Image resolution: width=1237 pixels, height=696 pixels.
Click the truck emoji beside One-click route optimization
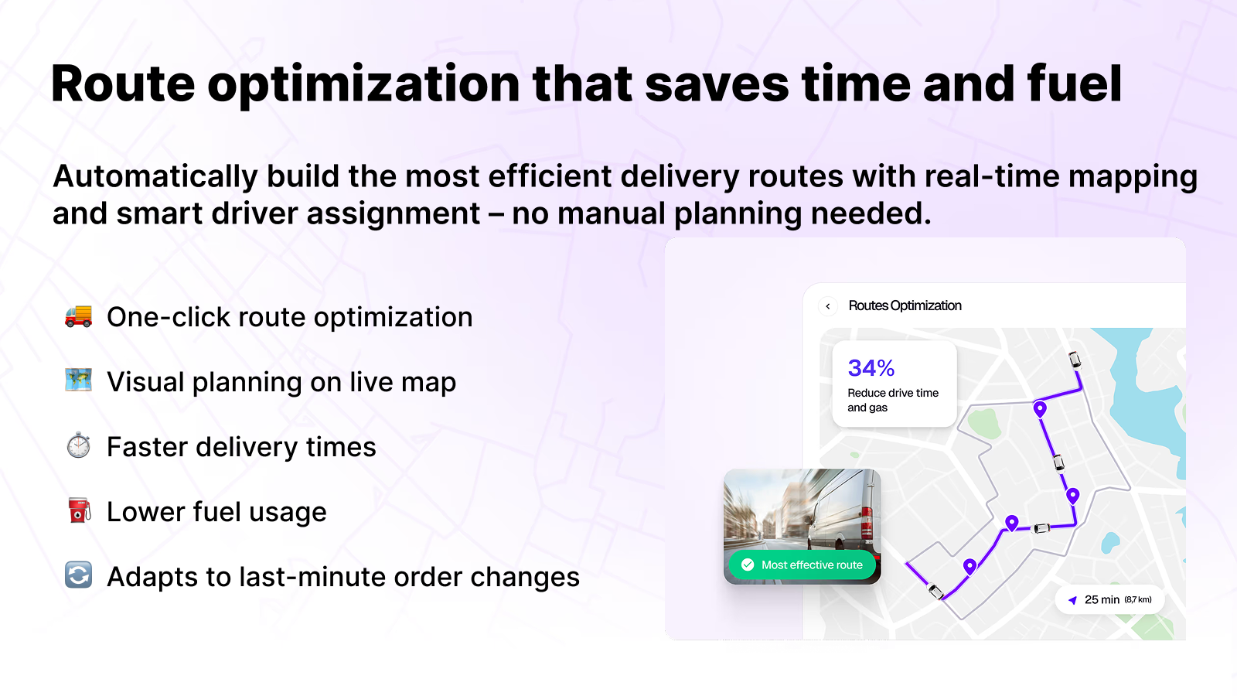[78, 316]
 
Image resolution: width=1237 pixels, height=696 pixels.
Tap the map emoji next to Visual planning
[78, 380]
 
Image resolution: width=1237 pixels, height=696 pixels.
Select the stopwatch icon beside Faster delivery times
[78, 445]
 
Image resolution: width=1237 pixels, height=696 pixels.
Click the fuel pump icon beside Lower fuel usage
[79, 510]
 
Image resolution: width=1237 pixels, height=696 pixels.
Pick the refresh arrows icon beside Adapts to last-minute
[78, 575]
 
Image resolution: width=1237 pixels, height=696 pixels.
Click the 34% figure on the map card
[871, 368]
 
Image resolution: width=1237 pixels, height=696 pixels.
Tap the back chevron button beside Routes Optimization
[828, 306]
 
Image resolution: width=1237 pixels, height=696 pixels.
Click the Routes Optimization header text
[905, 306]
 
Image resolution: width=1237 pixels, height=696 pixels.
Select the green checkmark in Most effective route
[748, 565]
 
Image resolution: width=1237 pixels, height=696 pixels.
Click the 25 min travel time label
[1102, 599]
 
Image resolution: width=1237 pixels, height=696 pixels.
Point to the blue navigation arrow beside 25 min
[1072, 600]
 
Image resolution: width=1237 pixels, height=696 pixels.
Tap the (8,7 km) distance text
[1138, 599]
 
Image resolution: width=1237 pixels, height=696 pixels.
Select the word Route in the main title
[123, 84]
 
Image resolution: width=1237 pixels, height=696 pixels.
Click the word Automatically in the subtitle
[155, 177]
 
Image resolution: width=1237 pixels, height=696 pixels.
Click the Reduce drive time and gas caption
[892, 400]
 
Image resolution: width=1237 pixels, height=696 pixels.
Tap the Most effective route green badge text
[812, 565]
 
